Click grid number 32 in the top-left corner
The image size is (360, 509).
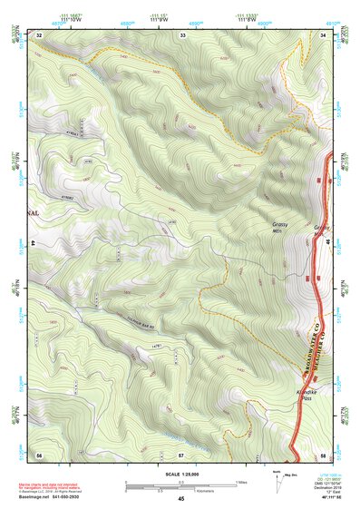[x=40, y=34]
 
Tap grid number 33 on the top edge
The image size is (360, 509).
[x=182, y=34]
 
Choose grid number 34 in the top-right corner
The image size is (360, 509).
[x=323, y=34]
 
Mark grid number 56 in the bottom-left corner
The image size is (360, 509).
[x=39, y=453]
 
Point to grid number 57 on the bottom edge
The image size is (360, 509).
[x=181, y=453]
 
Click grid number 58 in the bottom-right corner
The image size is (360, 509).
[x=323, y=453]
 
